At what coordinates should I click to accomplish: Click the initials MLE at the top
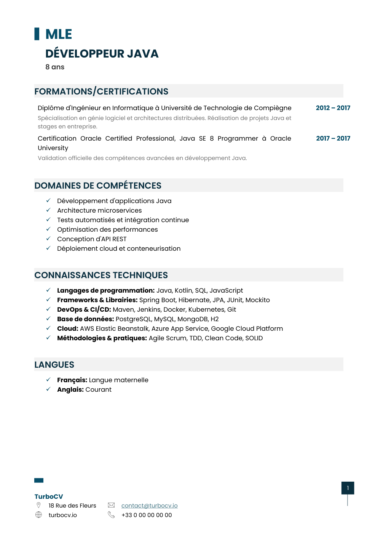tap(59, 34)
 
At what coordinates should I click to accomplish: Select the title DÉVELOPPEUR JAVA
tap(102, 54)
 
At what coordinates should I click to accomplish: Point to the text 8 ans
tap(55, 67)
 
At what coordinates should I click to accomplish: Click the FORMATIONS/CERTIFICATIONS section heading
tap(101, 91)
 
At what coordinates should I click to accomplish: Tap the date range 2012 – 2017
tap(333, 108)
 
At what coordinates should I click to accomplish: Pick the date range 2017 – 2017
tap(333, 138)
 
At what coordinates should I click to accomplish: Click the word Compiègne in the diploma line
tap(273, 108)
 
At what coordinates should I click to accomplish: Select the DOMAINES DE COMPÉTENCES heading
tap(98, 186)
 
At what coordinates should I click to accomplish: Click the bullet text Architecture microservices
tap(99, 210)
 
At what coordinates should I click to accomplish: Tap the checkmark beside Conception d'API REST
tap(48, 239)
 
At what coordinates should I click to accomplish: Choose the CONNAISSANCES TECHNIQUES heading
tap(101, 275)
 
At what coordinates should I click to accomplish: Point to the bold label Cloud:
tap(68, 328)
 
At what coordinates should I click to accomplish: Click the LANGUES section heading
tap(54, 365)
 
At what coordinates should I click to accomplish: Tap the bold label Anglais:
tap(70, 389)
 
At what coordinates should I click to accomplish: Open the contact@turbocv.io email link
tap(149, 506)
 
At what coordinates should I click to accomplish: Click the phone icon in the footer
tap(111, 515)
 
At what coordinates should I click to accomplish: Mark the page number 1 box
tap(348, 488)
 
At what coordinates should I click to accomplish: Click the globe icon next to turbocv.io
tap(38, 515)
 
